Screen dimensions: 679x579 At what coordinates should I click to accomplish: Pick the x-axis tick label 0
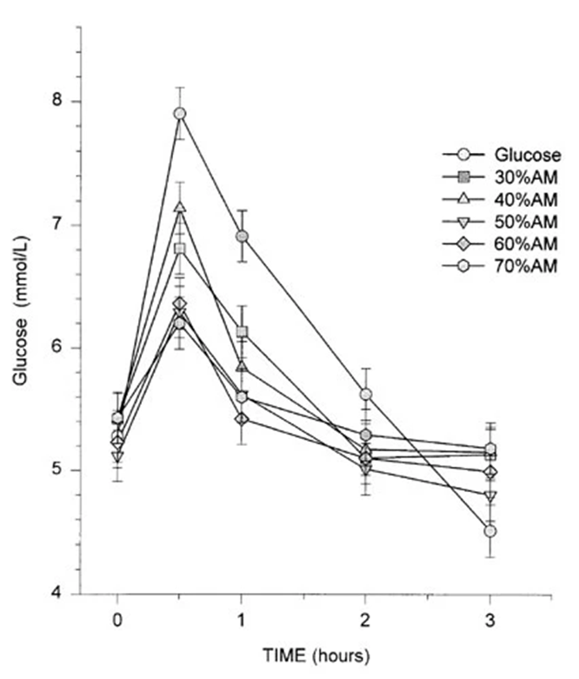point(117,623)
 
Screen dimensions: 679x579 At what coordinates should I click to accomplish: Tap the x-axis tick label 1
point(241,623)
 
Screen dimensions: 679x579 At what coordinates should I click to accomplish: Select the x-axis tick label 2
point(365,623)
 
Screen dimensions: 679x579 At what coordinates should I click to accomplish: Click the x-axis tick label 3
point(489,623)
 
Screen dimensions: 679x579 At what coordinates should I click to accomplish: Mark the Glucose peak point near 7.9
point(180,113)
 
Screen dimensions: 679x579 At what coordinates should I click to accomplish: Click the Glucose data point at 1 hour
point(242,236)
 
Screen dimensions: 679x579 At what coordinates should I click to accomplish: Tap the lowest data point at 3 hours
point(489,530)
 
